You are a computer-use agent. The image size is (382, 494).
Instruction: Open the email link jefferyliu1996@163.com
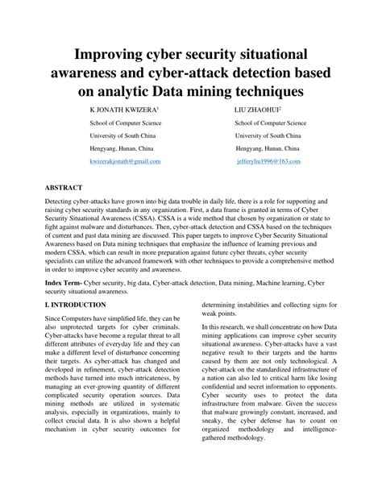268,161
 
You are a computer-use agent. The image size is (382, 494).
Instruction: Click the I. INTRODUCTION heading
75,305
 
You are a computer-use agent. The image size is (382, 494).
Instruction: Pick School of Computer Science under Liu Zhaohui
270,123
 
